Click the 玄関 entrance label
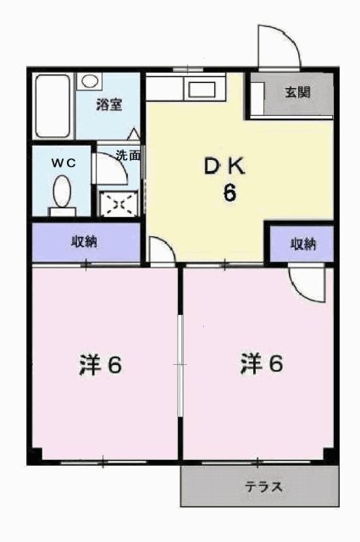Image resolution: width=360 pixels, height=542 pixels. [297, 92]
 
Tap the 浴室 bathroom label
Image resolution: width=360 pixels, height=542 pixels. [109, 104]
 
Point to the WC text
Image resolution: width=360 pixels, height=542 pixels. [64, 163]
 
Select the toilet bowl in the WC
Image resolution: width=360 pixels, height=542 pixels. [63, 191]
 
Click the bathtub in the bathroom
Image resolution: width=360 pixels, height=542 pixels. [53, 106]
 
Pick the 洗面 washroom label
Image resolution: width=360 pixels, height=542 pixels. [128, 156]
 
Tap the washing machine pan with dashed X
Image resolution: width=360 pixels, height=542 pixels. [119, 204]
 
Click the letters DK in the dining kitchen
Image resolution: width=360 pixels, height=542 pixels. [224, 167]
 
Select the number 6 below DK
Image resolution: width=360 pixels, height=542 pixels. [230, 193]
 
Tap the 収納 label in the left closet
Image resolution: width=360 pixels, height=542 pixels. [84, 241]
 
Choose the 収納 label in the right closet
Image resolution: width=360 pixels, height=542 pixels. [303, 245]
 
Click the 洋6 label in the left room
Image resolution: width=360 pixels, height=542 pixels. [100, 364]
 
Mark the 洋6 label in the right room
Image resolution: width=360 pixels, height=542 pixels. [262, 363]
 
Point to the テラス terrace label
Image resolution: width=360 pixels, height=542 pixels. [264, 487]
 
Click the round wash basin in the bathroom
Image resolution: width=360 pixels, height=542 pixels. [90, 81]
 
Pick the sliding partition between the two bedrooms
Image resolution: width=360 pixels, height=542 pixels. [180, 365]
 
